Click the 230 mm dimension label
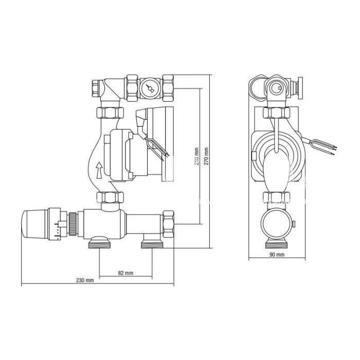click(85, 280)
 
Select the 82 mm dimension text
click(125, 273)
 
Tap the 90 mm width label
click(277, 255)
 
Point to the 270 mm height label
click(206, 156)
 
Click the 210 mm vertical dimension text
click(196, 156)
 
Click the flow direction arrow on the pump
click(99, 170)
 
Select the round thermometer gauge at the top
click(150, 89)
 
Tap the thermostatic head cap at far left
click(34, 224)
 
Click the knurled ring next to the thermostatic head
click(73, 224)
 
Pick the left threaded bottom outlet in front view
click(100, 243)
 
